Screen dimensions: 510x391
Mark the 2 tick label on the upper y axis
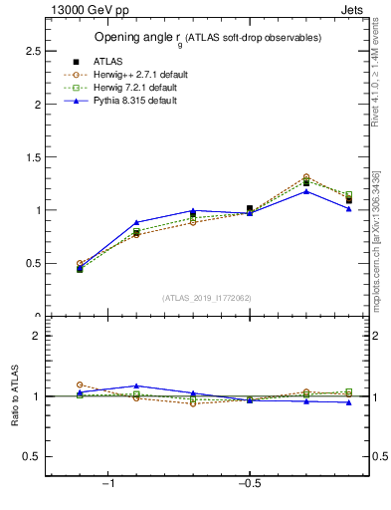click(37, 104)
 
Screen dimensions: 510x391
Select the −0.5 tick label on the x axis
click(249, 484)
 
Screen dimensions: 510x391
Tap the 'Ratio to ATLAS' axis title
click(14, 397)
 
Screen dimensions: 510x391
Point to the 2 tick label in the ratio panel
click(37, 336)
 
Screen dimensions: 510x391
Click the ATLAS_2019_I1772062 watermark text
click(208, 298)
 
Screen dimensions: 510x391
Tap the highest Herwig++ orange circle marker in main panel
click(306, 177)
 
